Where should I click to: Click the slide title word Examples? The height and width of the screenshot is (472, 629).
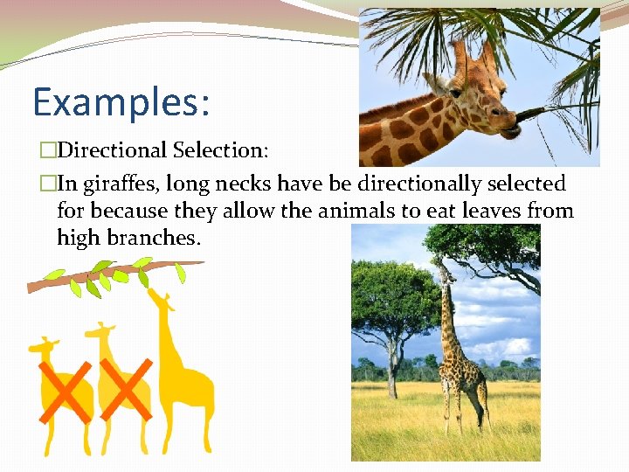point(121,101)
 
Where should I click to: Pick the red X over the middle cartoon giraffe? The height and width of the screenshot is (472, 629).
point(124,388)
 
